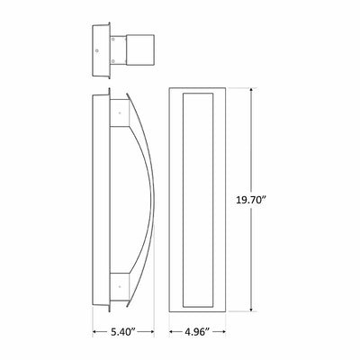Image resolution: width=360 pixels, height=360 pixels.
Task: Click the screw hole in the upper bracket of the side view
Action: pos(120,113)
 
